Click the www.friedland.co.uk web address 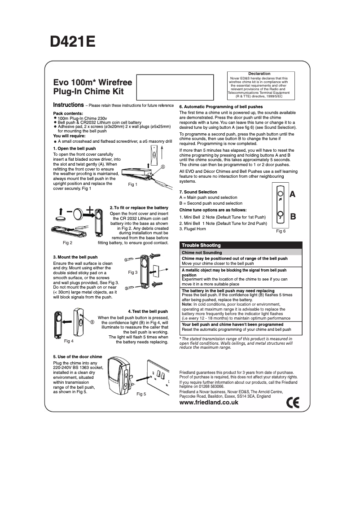tap(209, 403)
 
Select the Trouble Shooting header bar tap(241, 245)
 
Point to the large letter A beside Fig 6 tap(293, 194)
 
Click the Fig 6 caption tap(281, 231)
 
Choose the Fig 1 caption tap(132, 184)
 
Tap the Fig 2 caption tap(68, 243)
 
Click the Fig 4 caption tap(69, 341)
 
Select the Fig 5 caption tap(141, 394)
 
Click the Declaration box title tap(259, 74)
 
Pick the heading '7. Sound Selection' tap(198, 192)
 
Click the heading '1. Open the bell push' tap(74, 148)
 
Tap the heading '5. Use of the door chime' tap(78, 357)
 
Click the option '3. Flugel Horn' tap(193, 229)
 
